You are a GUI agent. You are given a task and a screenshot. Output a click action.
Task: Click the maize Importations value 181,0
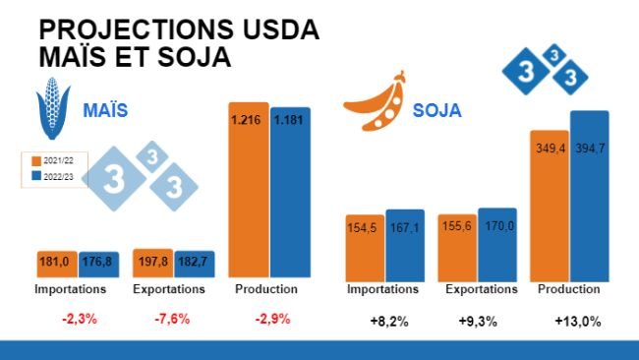(x=53, y=263)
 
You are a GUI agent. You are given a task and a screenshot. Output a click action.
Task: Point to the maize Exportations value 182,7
(x=192, y=263)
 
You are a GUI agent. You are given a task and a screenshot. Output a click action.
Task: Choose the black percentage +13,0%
(x=577, y=321)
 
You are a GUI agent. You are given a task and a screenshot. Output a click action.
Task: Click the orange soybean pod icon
(x=375, y=99)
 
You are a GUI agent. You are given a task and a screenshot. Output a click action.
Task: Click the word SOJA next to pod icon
(x=437, y=108)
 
